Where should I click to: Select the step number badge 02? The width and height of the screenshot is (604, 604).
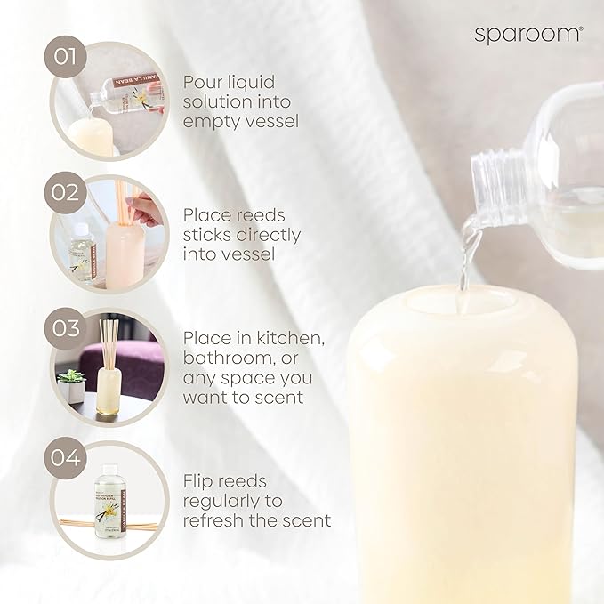[x=66, y=191]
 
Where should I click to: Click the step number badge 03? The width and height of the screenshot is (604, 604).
[x=66, y=326]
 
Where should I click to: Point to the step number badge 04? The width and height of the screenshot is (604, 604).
[x=66, y=460]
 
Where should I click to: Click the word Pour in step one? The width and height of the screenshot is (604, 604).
[x=202, y=82]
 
